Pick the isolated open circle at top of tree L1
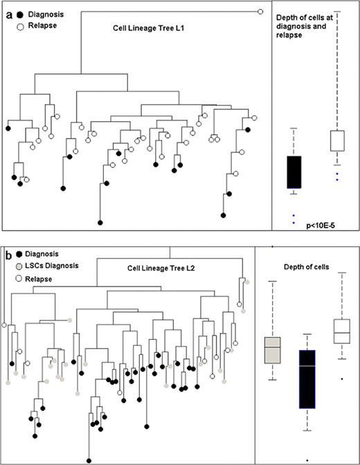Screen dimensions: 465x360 (260, 11)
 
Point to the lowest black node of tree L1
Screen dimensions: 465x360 (100, 222)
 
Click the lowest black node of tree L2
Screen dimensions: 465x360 (89, 459)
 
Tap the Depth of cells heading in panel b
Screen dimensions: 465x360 (307, 267)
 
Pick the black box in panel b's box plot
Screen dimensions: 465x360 (307, 379)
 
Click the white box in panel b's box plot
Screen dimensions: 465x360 (341, 331)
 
